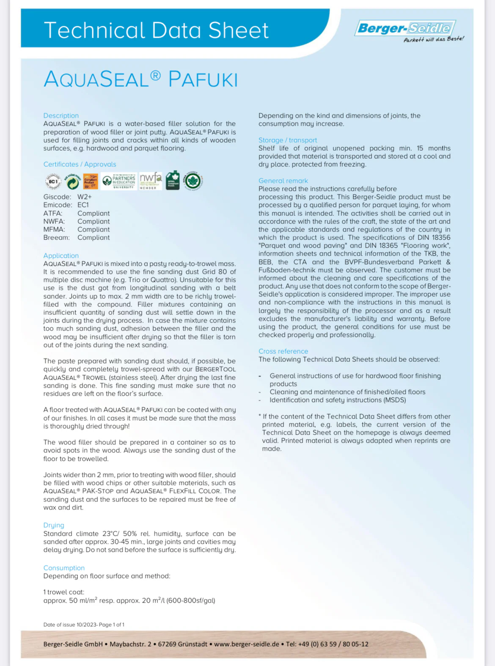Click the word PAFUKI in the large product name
click(x=203, y=80)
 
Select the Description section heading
click(x=61, y=116)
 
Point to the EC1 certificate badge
click(x=53, y=182)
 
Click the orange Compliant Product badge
click(x=91, y=182)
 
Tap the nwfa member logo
click(x=151, y=181)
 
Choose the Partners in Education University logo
click(x=119, y=181)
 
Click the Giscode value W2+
click(x=85, y=197)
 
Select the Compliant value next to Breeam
click(x=93, y=237)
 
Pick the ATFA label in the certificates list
click(x=52, y=213)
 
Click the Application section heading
click(x=61, y=256)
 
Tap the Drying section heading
click(x=54, y=525)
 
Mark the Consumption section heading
click(x=64, y=568)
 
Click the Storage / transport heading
click(x=288, y=140)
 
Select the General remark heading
click(x=283, y=181)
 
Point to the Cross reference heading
click(x=283, y=351)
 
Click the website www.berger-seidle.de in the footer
click(x=247, y=644)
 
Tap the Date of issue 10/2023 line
click(x=84, y=625)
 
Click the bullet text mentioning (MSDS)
click(x=338, y=400)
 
